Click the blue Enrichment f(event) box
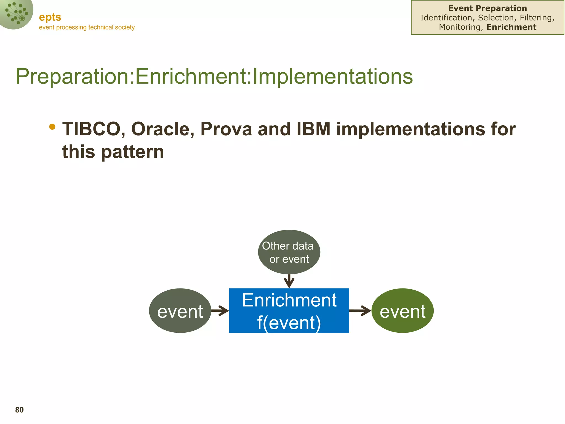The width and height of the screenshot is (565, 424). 289,311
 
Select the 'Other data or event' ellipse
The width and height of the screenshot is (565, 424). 289,252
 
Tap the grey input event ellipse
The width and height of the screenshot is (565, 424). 180,311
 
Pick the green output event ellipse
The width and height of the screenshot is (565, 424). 403,311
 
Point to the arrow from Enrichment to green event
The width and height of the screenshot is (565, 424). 360,311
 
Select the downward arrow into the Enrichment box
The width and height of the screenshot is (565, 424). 289,281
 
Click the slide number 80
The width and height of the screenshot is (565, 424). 19,410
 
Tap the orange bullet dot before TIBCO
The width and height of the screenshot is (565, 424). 52,127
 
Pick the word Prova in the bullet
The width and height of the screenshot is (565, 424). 226,129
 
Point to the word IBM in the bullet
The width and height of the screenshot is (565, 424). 314,129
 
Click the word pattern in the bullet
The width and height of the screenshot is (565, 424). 133,152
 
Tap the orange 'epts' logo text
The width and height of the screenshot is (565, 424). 50,17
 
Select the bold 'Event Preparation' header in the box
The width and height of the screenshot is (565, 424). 487,8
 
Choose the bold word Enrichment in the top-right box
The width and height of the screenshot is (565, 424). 511,27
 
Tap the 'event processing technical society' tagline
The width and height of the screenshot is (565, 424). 87,27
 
